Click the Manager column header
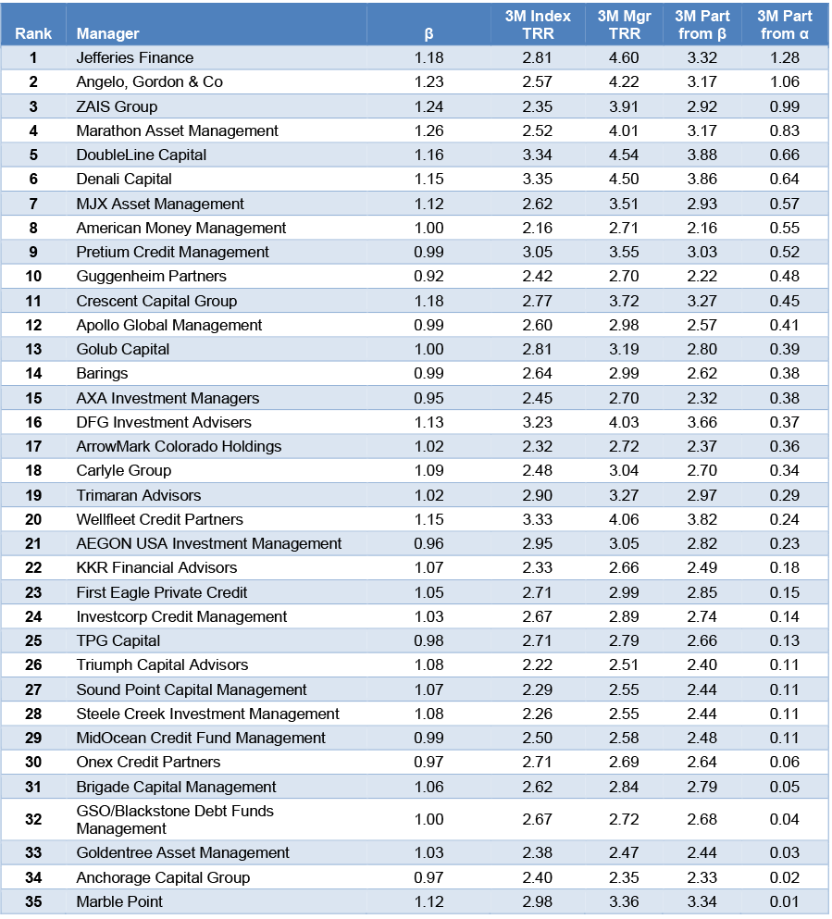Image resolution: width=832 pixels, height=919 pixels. [x=107, y=34]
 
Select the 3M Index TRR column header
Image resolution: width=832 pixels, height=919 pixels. [x=538, y=25]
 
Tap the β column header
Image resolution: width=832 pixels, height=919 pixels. [x=428, y=34]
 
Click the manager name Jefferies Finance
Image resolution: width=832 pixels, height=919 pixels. [x=135, y=58]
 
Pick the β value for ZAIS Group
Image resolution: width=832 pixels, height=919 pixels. [x=429, y=106]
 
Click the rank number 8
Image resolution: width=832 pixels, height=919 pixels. [x=33, y=228]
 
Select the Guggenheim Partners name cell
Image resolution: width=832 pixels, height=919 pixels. [x=152, y=276]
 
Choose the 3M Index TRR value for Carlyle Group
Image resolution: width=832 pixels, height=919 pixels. [x=538, y=470]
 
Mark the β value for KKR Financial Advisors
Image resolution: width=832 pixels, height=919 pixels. [x=429, y=567]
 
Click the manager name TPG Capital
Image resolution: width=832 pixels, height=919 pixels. [x=118, y=640]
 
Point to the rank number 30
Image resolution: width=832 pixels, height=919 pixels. [x=33, y=762]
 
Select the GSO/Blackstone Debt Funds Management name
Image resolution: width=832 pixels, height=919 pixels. [x=175, y=819]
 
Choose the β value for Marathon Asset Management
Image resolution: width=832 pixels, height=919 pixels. [x=429, y=130]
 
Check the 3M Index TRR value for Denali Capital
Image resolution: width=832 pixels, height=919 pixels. [x=538, y=179]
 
